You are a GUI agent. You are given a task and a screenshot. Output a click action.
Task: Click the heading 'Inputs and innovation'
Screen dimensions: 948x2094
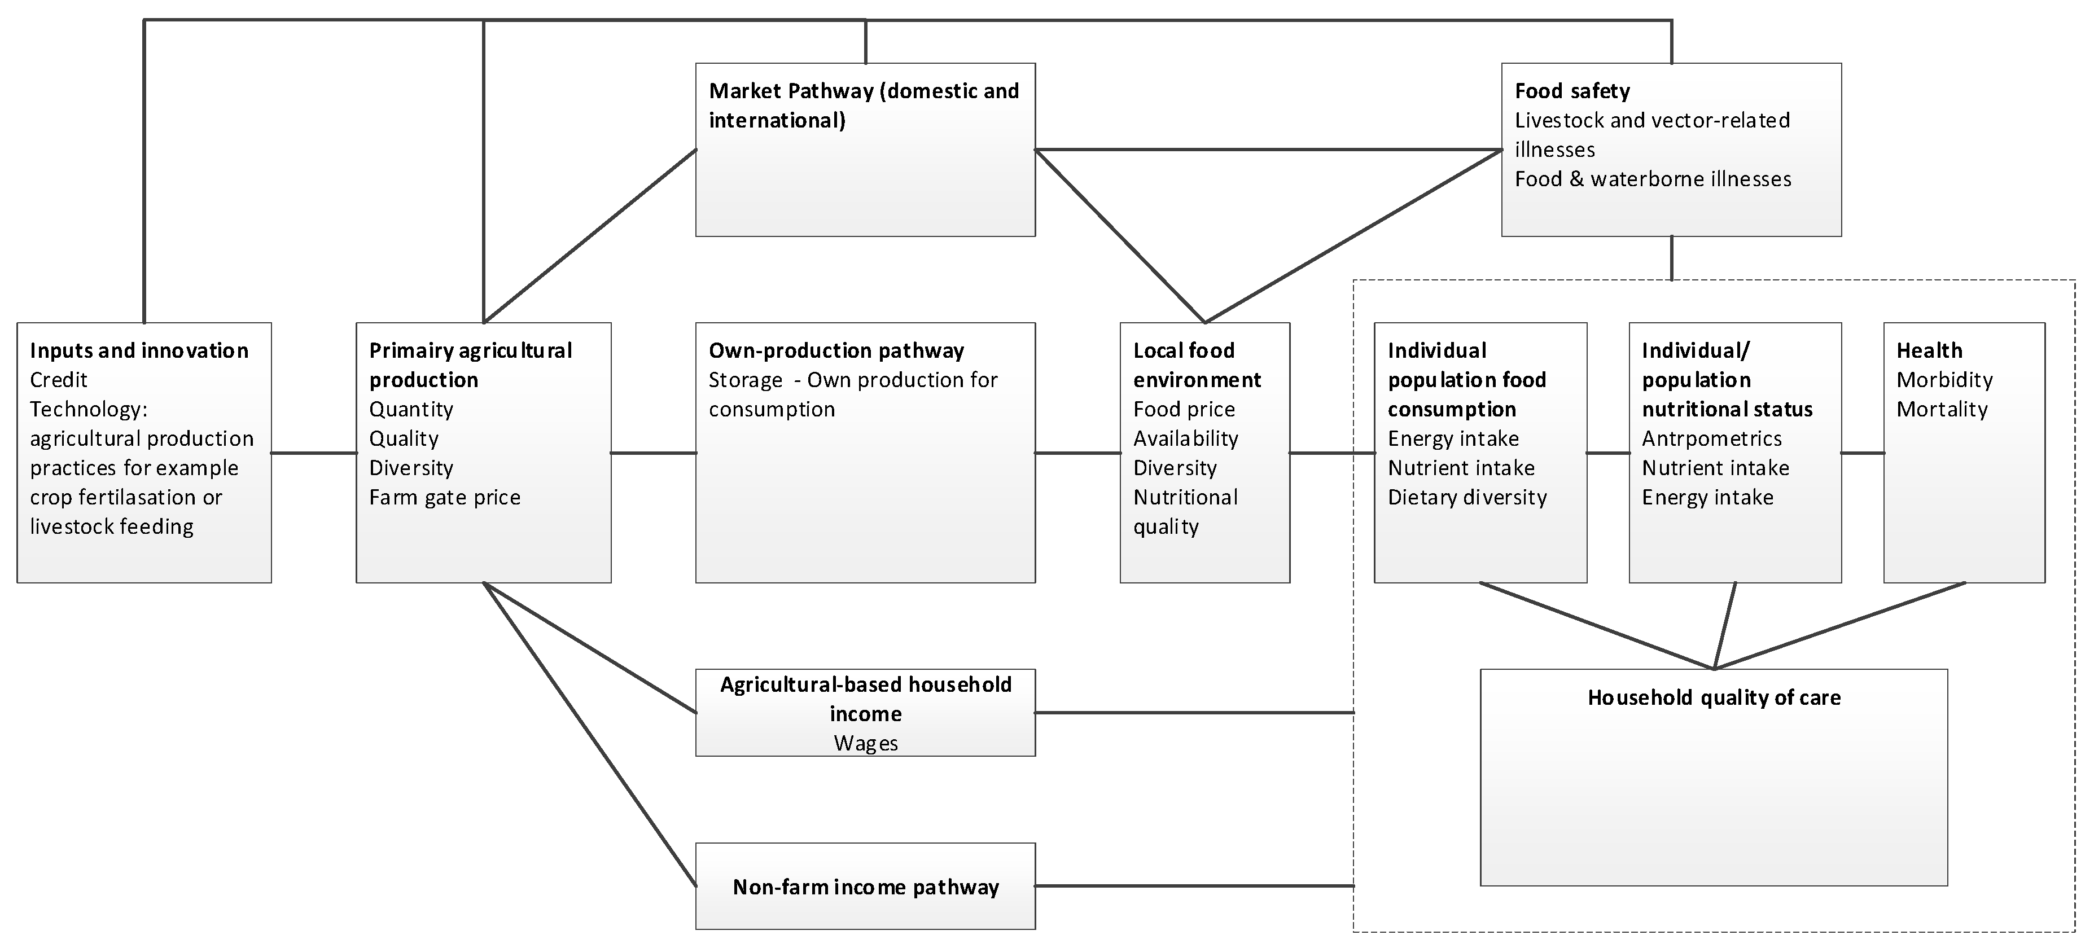click(139, 350)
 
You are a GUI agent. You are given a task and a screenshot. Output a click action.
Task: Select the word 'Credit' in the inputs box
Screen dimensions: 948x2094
click(59, 380)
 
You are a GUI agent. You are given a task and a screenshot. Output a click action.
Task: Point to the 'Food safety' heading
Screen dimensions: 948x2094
click(1572, 91)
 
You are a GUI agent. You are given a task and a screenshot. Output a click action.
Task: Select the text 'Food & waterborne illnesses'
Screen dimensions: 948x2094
click(1653, 179)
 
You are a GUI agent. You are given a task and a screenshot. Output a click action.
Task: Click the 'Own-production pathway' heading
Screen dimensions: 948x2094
click(836, 350)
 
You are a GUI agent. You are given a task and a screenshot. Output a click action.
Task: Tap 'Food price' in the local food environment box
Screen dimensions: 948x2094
click(1184, 409)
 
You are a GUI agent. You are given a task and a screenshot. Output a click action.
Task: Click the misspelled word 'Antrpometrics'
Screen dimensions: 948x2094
click(1711, 438)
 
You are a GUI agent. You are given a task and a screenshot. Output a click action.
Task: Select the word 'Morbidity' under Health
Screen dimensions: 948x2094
click(1944, 380)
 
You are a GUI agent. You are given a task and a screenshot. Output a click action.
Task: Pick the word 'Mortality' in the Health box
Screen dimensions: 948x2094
click(1942, 409)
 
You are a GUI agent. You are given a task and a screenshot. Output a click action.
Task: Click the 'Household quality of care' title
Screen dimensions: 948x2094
click(1714, 697)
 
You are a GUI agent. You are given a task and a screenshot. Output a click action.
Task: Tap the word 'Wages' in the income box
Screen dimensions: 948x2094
click(866, 743)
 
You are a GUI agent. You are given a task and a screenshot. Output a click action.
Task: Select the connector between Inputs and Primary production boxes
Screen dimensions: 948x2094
click(314, 453)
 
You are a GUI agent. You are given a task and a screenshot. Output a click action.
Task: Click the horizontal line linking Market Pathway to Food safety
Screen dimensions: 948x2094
click(1268, 150)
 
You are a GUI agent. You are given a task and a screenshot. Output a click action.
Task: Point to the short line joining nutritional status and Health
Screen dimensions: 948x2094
click(1863, 453)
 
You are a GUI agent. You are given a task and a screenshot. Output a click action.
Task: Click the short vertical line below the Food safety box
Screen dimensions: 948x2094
click(1671, 258)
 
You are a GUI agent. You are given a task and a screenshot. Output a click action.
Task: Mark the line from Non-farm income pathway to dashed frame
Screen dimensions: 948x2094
click(1195, 885)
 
